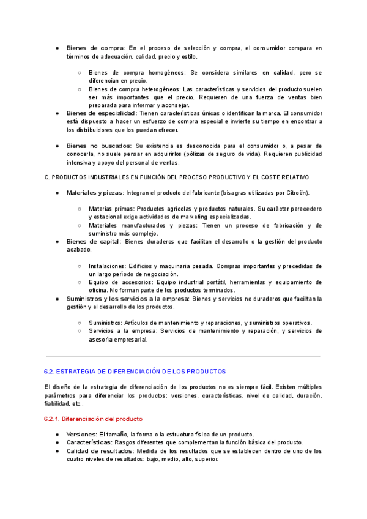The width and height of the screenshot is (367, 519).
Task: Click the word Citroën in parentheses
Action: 295,193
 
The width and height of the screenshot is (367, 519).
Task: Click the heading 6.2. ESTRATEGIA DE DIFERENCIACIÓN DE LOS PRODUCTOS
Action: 135,372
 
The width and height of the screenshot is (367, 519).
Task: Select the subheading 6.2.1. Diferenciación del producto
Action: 94,419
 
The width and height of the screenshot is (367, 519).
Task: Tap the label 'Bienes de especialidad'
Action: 102,113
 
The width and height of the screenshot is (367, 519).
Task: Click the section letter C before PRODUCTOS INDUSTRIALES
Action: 47,177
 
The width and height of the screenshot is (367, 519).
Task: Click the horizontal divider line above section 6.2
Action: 183,356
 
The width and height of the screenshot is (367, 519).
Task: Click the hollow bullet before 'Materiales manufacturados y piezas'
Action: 80,225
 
